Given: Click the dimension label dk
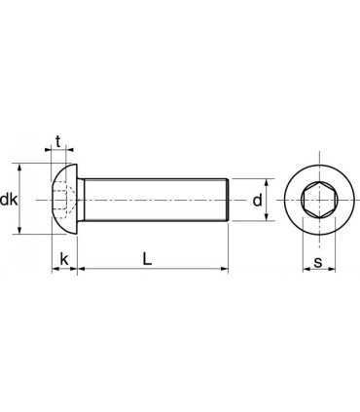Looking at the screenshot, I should (10, 200).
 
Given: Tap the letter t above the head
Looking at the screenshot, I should (59, 140).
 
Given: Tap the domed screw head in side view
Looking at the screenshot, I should (63, 200).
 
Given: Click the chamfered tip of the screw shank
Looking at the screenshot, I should (227, 200).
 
